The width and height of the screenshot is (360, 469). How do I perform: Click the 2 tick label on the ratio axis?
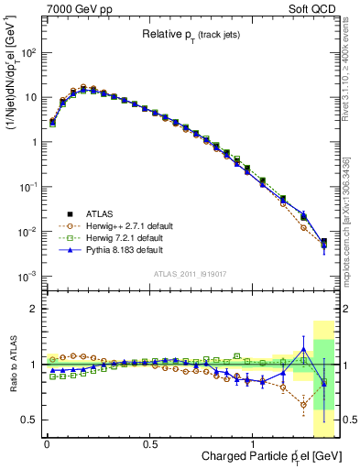point(34,310)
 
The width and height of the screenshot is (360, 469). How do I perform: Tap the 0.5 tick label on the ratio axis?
point(30,420)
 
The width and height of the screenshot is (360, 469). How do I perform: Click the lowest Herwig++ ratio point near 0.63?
point(303,404)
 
